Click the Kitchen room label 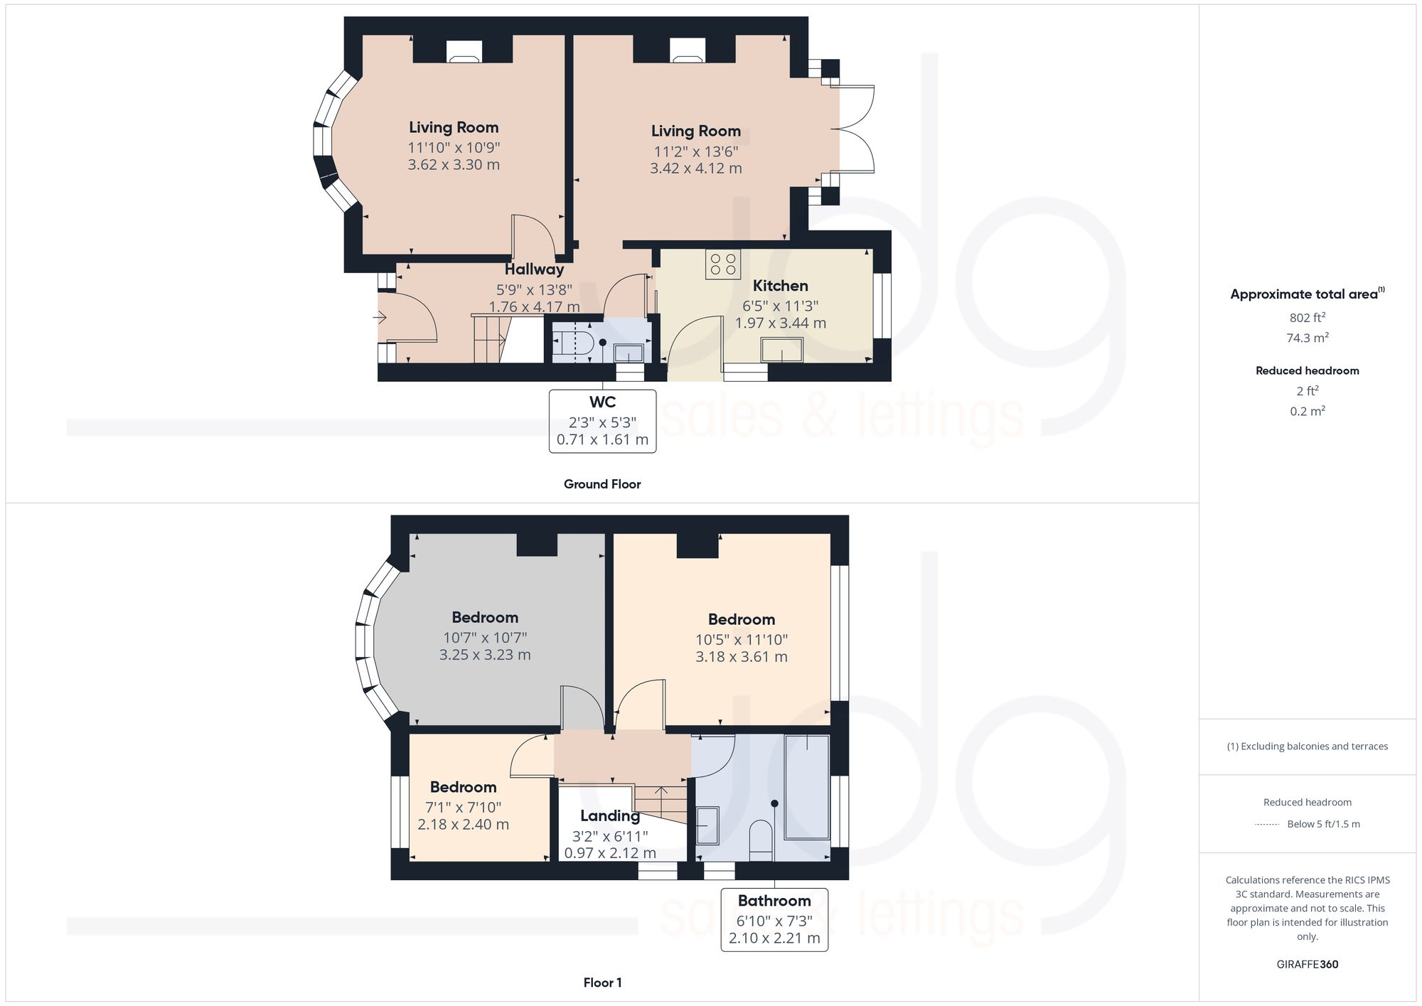[780, 286]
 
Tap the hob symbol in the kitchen [722, 264]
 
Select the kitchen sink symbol [781, 351]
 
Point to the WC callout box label [602, 402]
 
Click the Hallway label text [534, 269]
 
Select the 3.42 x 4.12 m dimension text [695, 168]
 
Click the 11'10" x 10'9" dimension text [454, 148]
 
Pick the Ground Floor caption [602, 484]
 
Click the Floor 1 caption [602, 983]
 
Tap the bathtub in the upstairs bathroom [807, 787]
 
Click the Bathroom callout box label [774, 901]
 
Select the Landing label [609, 816]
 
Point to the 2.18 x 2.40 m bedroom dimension [463, 825]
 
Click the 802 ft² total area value [1307, 318]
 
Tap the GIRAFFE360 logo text [1307, 964]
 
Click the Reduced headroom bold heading [1307, 370]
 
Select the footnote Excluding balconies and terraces [1307, 747]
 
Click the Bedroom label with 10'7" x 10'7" [485, 617]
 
